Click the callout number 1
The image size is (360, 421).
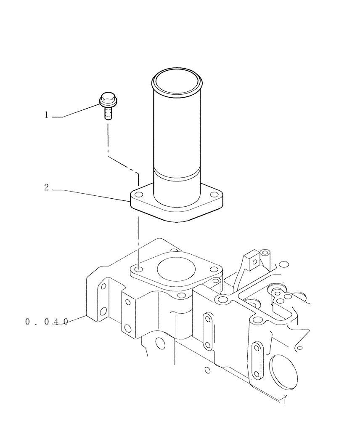tap(47, 115)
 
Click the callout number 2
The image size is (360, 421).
tap(47, 188)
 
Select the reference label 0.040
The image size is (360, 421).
tap(46, 322)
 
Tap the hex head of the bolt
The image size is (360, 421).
tap(108, 100)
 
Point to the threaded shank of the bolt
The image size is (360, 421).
tap(108, 113)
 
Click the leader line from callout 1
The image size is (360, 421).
tap(82, 111)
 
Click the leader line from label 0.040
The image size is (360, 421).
tap(78, 319)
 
